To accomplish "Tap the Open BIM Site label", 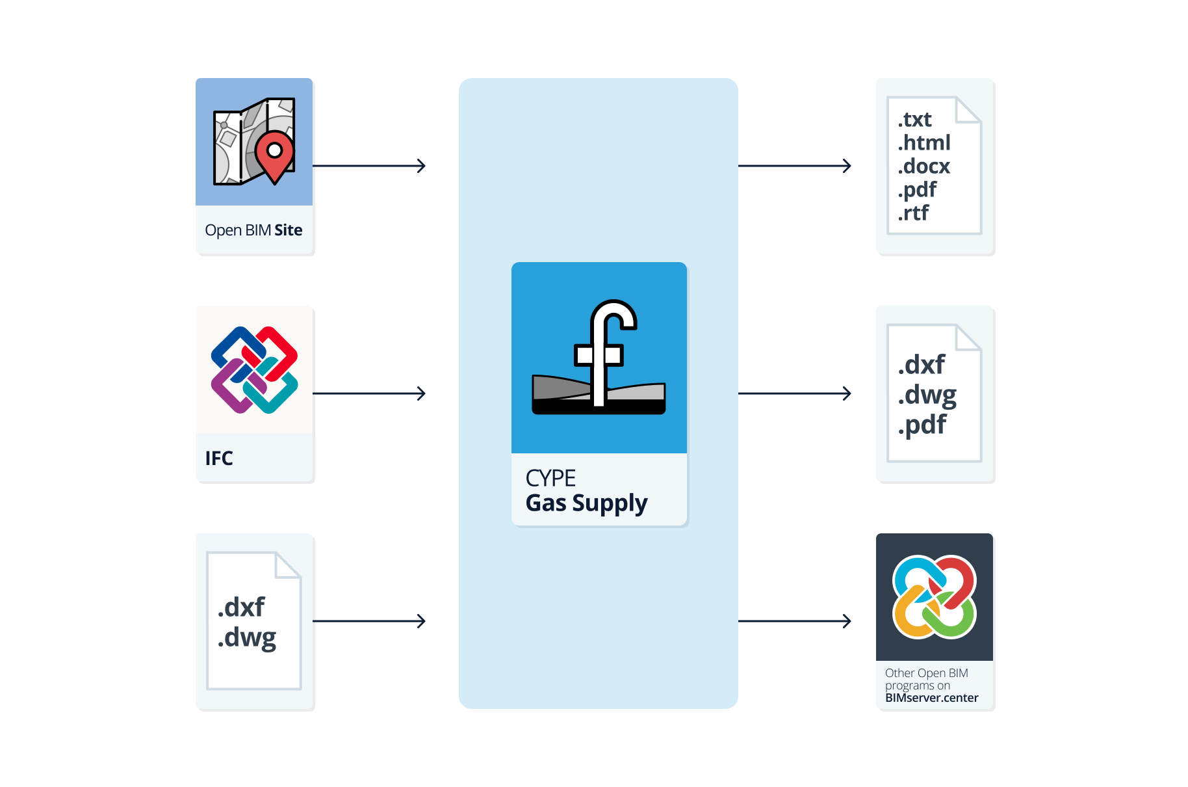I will coord(253,230).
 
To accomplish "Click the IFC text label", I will coord(219,459).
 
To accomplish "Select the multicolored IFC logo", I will coord(254,369).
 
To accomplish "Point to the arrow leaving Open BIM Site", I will coord(368,166).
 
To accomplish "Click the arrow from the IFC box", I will coord(368,393).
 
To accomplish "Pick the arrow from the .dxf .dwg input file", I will coord(368,621).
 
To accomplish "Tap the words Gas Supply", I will coord(586,503).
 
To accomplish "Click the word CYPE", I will coord(550,478).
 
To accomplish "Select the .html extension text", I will coord(923,142).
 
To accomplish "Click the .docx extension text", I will coord(923,166).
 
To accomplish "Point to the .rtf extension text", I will coord(913,213).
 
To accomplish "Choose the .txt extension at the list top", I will coord(914,120).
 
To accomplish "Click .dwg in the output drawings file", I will coord(927,395).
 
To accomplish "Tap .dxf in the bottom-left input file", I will coord(241,607).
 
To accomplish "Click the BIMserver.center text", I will coord(931,698).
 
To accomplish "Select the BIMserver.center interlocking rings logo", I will coord(934,596).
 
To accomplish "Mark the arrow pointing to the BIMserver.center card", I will coord(794,621).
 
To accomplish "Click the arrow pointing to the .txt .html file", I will coord(794,166).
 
